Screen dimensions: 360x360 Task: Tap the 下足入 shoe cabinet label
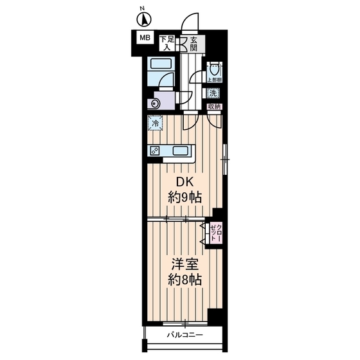tap(167, 42)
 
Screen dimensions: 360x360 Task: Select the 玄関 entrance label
tap(194, 42)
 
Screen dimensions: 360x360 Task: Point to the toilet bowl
tap(214, 69)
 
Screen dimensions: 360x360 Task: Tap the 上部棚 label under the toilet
tap(214, 80)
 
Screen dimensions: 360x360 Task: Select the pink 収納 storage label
tap(214, 107)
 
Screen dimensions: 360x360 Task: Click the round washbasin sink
tap(154, 103)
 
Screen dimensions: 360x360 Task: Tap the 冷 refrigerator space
tap(155, 122)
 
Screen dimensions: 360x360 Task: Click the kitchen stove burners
tap(156, 151)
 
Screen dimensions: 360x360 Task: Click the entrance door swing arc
tap(191, 24)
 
